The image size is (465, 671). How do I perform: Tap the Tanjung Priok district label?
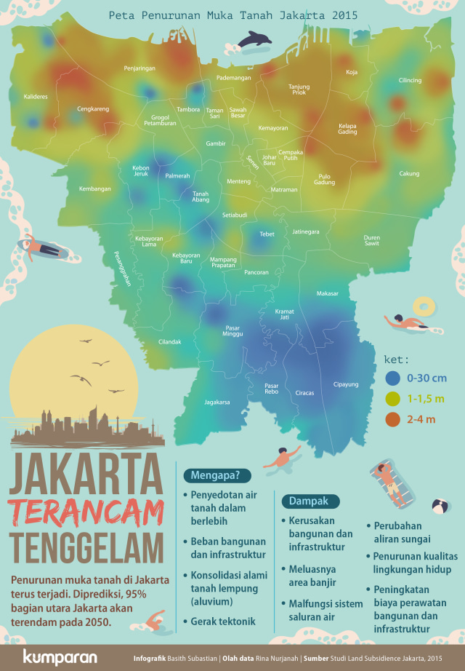click(299, 89)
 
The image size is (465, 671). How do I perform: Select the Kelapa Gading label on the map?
click(348, 129)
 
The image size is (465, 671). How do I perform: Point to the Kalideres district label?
click(36, 96)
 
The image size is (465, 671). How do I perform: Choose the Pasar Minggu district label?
click(233, 330)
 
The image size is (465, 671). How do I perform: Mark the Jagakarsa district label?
click(217, 401)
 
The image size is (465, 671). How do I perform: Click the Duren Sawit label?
click(372, 241)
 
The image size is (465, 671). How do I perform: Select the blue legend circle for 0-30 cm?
click(393, 378)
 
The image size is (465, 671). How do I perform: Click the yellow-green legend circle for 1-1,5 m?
click(393, 398)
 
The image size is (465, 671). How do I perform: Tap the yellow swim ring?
click(423, 305)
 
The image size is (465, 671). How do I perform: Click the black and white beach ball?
click(440, 506)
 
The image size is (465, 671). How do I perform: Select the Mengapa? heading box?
click(220, 476)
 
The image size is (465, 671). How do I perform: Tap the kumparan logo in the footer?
click(60, 657)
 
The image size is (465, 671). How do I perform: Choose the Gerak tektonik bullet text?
click(224, 621)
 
